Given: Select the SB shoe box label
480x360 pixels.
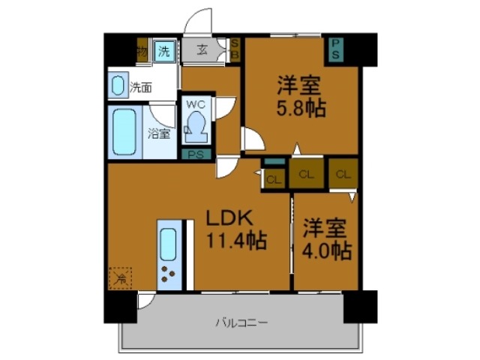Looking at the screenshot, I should point(233,50).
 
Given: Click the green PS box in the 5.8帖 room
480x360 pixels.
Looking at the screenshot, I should point(335,49).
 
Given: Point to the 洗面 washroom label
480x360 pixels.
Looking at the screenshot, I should point(140,87).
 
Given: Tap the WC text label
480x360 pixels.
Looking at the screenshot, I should point(196,103).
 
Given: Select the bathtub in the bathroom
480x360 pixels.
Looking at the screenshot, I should point(122,132).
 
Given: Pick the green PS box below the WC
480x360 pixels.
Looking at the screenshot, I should point(196,155).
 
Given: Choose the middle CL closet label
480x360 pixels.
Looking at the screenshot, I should point(306,175).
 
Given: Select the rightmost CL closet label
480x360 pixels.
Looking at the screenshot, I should point(343,175).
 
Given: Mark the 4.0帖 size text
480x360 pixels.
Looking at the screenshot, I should point(326,250).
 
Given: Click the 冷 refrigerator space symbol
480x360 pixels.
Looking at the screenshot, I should point(120,278).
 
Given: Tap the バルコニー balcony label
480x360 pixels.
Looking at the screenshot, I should point(241,323).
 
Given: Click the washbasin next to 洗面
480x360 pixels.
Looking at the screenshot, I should point(119,85).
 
